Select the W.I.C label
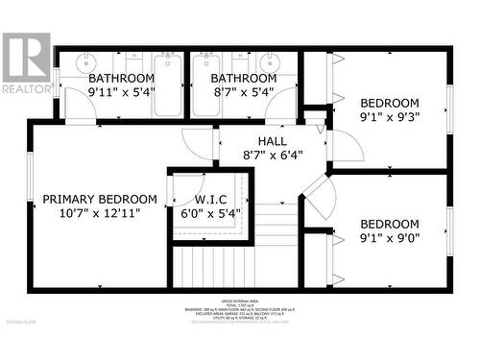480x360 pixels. pyautogui.click(x=211, y=200)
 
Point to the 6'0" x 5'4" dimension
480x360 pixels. pyautogui.click(x=211, y=214)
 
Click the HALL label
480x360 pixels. pyautogui.click(x=259, y=140)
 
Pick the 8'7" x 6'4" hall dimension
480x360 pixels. pyautogui.click(x=259, y=154)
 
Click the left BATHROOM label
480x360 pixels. pyautogui.click(x=121, y=78)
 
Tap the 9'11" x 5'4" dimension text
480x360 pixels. pyautogui.click(x=121, y=93)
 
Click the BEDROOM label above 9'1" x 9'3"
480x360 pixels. pyautogui.click(x=390, y=103)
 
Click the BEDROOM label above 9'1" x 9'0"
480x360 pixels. pyautogui.click(x=390, y=224)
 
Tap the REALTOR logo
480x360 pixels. pyautogui.click(x=26, y=62)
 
